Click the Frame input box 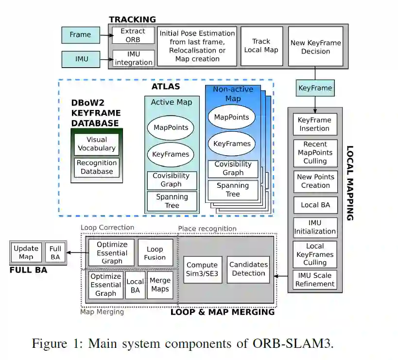(80, 35)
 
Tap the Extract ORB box (133, 35)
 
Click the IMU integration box (133, 58)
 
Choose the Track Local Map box (261, 46)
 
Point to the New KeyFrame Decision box (315, 47)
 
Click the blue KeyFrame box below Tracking (315, 88)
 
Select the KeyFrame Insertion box (314, 125)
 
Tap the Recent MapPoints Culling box (315, 153)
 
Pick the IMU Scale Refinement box (314, 279)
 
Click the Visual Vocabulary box (97, 144)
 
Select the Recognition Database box (97, 167)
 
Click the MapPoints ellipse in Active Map (171, 128)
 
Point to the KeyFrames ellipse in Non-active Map (232, 144)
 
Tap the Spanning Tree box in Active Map (172, 201)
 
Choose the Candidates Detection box (248, 269)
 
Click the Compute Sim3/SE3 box (202, 269)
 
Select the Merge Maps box (160, 285)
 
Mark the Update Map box (26, 252)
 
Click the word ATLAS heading (166, 87)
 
